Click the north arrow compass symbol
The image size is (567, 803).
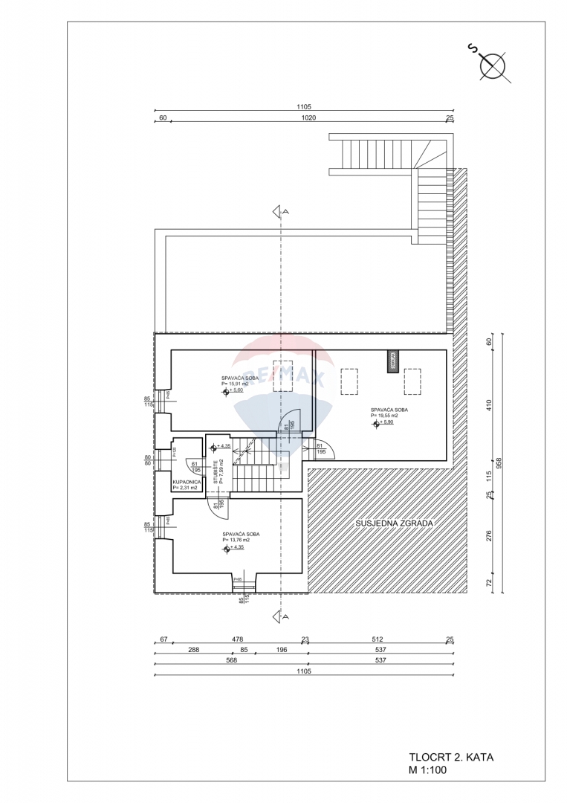(493, 65)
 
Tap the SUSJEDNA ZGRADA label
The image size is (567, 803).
(392, 523)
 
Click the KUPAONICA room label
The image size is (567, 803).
(185, 483)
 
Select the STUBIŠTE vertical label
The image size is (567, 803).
(216, 472)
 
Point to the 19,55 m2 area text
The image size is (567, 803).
(385, 416)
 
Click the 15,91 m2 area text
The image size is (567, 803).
(236, 384)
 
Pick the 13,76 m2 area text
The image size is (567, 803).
(236, 541)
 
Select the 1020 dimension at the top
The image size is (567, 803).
(308, 117)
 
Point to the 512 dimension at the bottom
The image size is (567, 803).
(377, 639)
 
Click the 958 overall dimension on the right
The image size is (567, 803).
(499, 462)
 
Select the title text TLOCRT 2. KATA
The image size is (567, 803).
(451, 758)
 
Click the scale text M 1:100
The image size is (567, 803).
(428, 770)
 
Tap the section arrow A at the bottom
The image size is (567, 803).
(280, 616)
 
